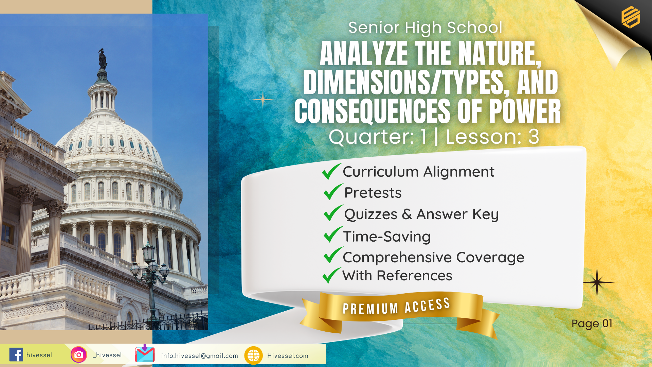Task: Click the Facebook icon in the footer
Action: tap(16, 355)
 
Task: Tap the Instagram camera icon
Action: tap(79, 355)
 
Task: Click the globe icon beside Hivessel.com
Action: tap(253, 355)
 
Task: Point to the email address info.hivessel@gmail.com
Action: tap(200, 356)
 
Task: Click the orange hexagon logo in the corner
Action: tap(631, 17)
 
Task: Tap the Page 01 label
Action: tap(592, 324)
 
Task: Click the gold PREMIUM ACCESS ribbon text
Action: tap(396, 306)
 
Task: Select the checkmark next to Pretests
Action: tap(333, 192)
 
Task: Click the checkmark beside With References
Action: tap(331, 275)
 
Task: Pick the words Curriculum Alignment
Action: tap(418, 172)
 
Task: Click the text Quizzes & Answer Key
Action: tap(421, 214)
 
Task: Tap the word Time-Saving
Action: tap(387, 237)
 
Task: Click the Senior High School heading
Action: tap(425, 28)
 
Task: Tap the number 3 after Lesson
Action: tap(533, 137)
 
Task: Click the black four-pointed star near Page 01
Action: tap(597, 282)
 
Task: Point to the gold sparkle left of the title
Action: tap(263, 99)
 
